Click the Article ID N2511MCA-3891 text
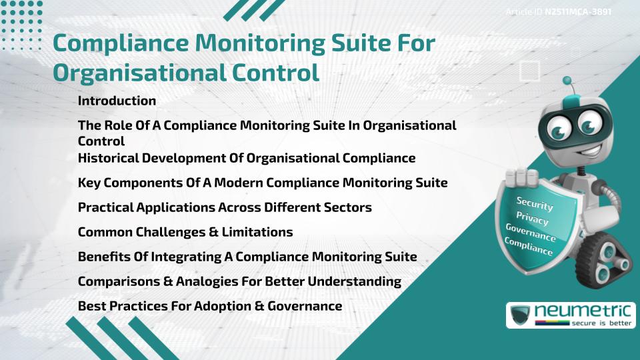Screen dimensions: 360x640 click(x=559, y=12)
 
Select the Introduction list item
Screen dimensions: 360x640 click(x=117, y=101)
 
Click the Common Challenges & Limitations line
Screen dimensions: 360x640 click(x=185, y=232)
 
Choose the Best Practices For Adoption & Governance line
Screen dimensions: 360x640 click(x=210, y=306)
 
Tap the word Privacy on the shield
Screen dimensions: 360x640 click(x=532, y=219)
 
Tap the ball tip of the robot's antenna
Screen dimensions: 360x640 click(x=568, y=82)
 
